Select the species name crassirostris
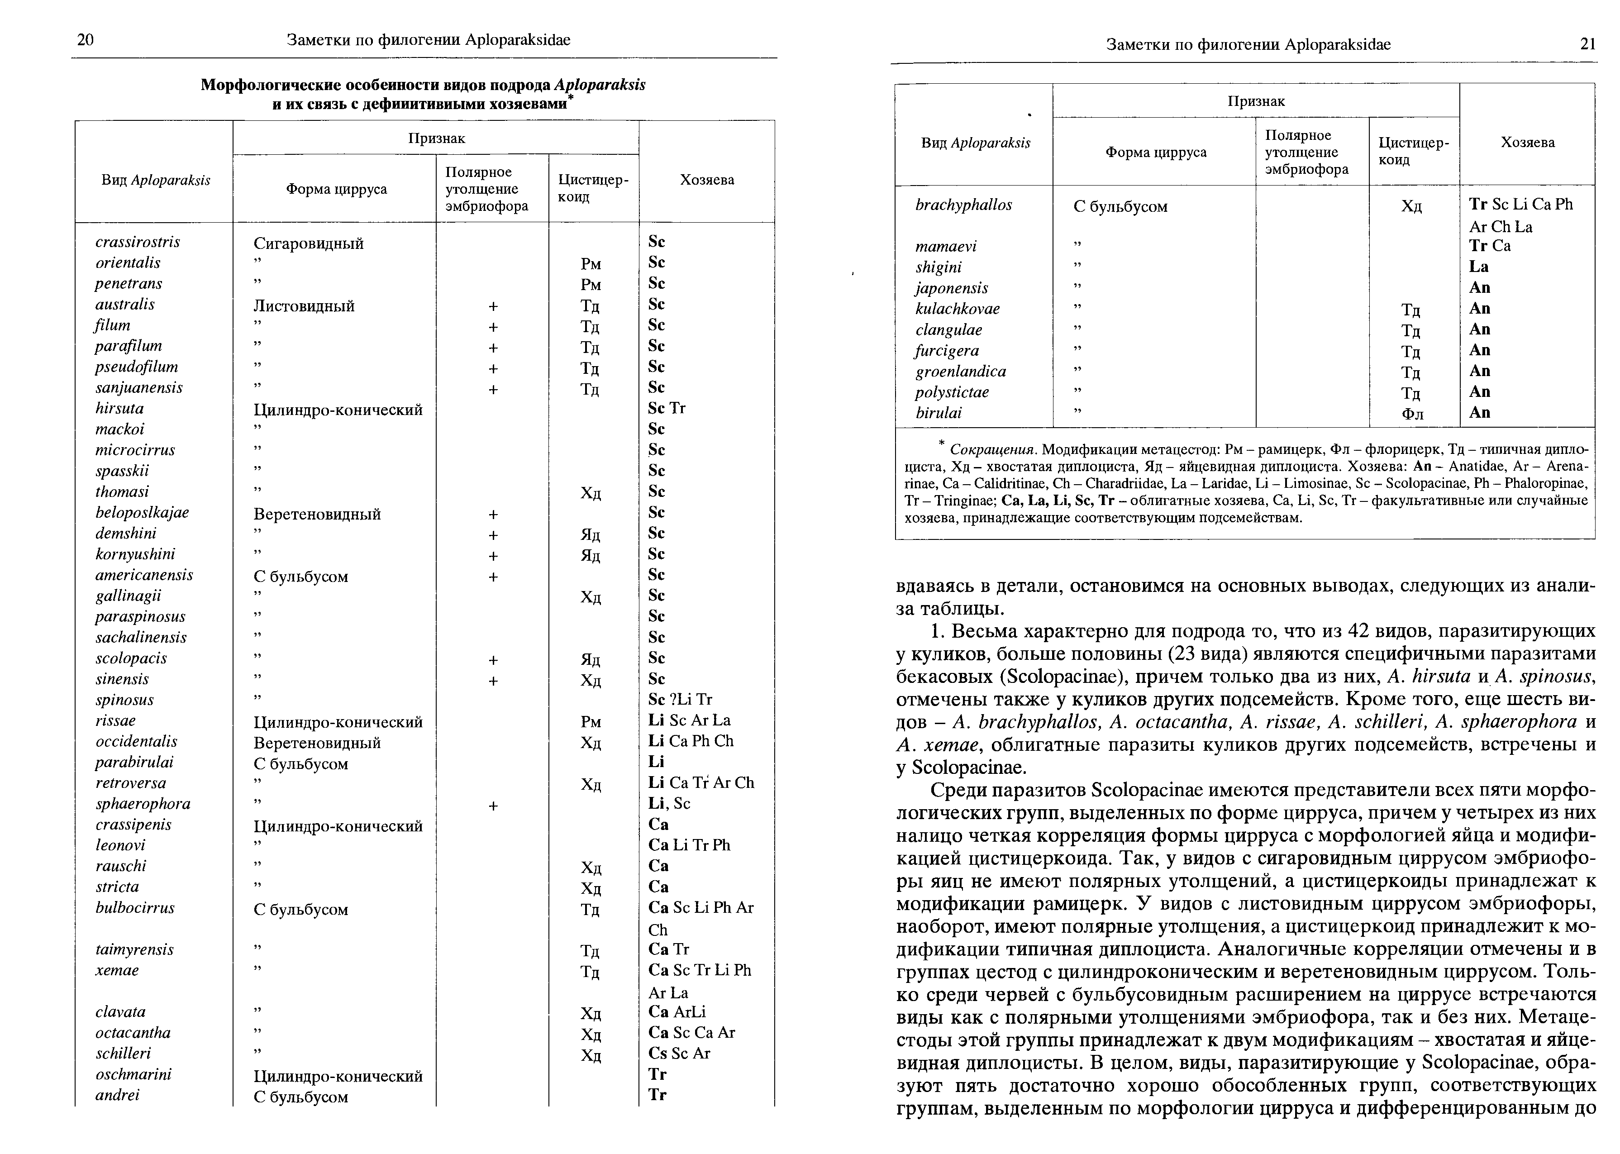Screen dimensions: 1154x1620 (x=138, y=242)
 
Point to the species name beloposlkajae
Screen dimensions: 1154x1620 (x=142, y=512)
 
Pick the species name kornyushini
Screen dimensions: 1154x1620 (x=135, y=554)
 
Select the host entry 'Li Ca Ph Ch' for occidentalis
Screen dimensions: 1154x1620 (x=691, y=741)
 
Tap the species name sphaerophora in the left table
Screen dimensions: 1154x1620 (x=143, y=804)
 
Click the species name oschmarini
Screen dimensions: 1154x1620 (x=133, y=1074)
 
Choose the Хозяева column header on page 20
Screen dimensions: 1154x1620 (x=707, y=180)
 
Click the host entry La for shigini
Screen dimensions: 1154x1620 (x=1479, y=267)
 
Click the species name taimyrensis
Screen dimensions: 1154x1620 (x=134, y=950)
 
